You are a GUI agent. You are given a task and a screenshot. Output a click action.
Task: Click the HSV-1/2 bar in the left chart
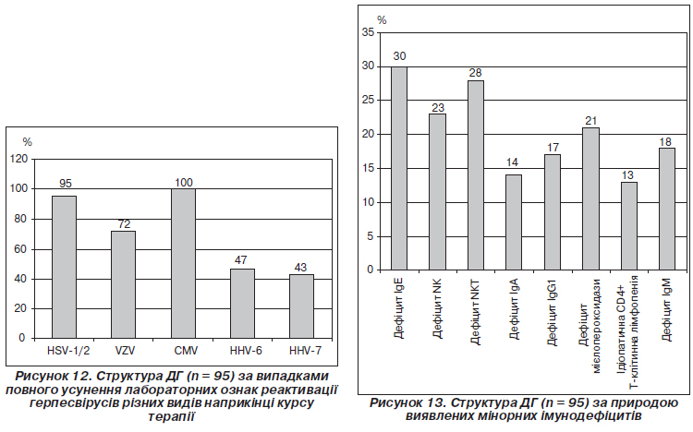click(64, 267)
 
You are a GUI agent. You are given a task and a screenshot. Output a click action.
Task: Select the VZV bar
click(123, 283)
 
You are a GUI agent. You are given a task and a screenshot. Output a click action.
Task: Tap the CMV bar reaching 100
click(183, 263)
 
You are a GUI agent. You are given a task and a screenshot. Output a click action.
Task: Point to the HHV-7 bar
click(301, 306)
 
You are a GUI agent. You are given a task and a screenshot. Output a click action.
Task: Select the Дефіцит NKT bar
click(476, 175)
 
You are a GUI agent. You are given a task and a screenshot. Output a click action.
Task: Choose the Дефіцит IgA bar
click(514, 222)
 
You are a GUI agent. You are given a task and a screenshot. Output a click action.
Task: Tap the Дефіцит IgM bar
click(667, 209)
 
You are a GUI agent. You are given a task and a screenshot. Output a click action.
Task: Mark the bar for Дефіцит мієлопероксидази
click(590, 198)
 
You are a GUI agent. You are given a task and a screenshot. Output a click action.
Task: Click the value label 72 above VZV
click(123, 224)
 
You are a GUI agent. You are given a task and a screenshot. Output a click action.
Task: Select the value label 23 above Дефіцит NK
click(437, 106)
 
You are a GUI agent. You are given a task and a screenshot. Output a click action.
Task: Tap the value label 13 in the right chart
click(628, 174)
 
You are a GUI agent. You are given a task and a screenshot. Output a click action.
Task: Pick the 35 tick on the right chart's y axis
click(368, 32)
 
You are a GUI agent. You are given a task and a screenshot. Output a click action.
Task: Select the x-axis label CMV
click(183, 351)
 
